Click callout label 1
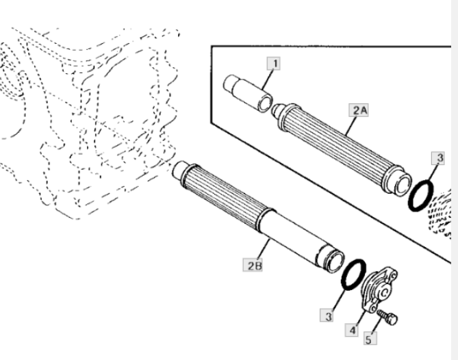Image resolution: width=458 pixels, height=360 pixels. click(x=274, y=64)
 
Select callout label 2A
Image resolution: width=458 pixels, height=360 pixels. click(x=359, y=110)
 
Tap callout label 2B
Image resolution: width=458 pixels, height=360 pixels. click(x=253, y=265)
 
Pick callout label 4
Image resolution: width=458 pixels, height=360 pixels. click(x=352, y=330)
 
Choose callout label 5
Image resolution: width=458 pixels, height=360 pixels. click(x=370, y=338)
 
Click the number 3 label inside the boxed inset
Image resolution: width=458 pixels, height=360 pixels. click(x=438, y=158)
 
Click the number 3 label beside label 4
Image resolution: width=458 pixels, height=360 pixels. click(x=327, y=315)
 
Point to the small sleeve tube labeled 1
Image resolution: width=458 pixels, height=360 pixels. click(x=248, y=93)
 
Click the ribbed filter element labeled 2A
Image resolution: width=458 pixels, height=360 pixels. click(x=342, y=147)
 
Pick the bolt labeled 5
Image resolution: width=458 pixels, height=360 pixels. click(x=387, y=317)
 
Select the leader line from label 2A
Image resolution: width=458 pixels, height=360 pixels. click(x=351, y=126)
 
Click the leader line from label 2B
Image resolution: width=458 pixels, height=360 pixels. click(x=264, y=248)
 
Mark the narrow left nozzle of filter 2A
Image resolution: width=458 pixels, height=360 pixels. click(x=277, y=111)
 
